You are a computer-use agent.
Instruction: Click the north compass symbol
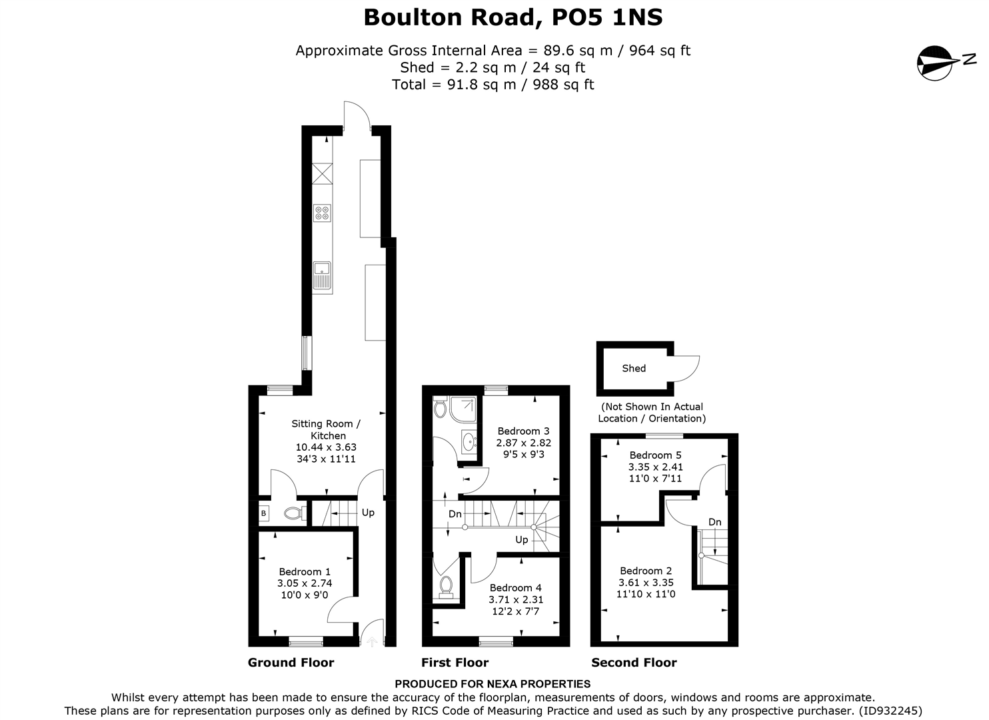click(x=937, y=63)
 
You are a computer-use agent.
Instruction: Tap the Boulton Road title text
click(x=512, y=17)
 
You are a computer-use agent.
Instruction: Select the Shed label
click(x=633, y=368)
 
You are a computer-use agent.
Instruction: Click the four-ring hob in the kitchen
click(x=323, y=213)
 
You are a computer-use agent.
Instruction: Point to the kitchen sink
click(x=323, y=275)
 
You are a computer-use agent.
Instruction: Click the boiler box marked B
click(x=264, y=513)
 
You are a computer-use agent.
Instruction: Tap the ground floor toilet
click(x=294, y=513)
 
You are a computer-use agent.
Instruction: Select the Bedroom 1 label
click(x=305, y=571)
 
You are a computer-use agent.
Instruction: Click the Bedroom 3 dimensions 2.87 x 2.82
click(x=523, y=443)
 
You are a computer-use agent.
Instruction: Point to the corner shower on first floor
click(x=464, y=409)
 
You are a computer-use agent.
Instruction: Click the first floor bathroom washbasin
click(x=469, y=441)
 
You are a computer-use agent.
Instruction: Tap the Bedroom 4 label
click(x=515, y=587)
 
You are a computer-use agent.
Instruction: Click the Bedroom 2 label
click(x=646, y=571)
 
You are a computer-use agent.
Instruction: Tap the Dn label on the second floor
click(x=714, y=522)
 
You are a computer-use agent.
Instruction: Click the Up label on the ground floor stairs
click(x=368, y=513)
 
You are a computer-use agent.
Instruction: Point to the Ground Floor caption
click(x=291, y=662)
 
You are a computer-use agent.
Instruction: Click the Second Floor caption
click(x=634, y=662)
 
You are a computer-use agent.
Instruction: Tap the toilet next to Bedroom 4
click(x=446, y=586)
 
